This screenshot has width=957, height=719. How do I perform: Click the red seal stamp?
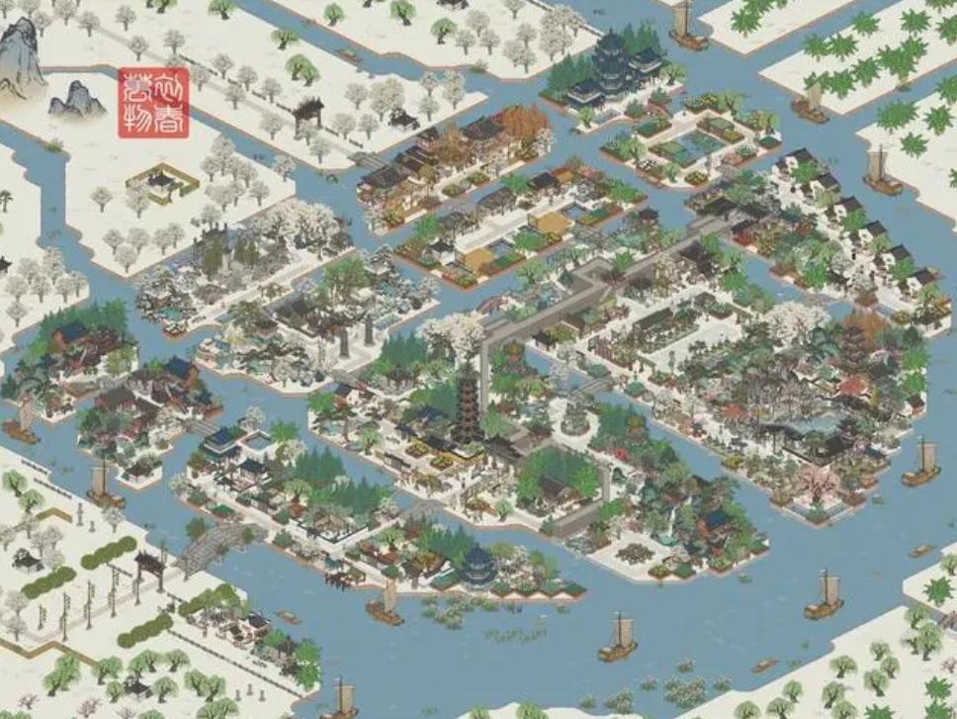click(153, 103)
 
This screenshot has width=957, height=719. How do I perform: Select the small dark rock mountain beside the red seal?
click(77, 99)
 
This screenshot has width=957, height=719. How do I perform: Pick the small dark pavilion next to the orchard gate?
click(403, 119)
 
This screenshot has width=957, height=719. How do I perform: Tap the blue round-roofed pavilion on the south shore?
click(479, 566)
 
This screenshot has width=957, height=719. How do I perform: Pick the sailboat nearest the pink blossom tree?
click(921, 465)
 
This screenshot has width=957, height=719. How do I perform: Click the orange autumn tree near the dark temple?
click(521, 124)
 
